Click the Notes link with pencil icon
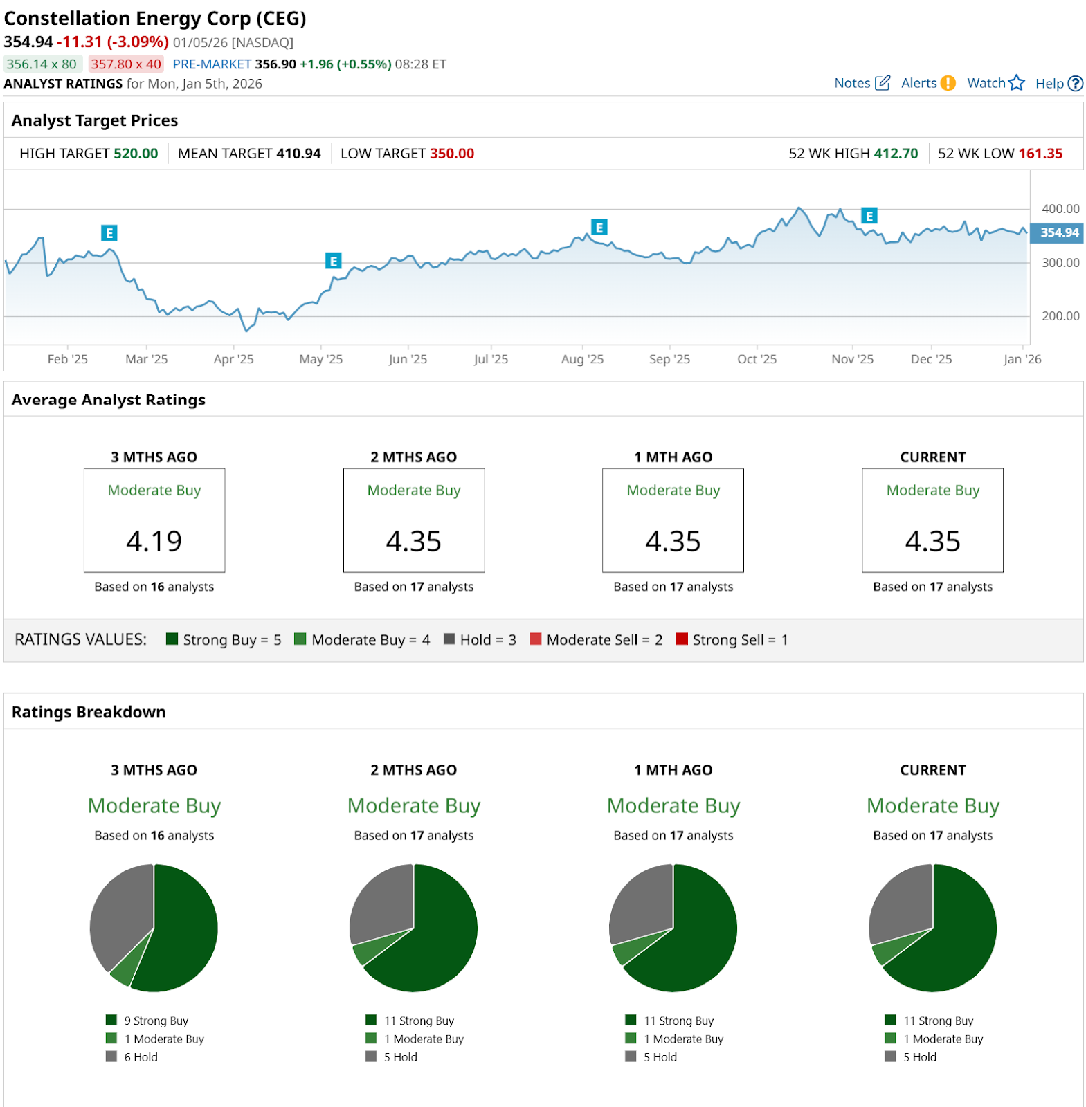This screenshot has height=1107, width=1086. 861,83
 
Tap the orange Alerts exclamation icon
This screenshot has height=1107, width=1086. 948,83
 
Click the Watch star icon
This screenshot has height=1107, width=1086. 1016,83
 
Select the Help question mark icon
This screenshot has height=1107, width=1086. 1075,83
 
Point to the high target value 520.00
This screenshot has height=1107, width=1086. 136,154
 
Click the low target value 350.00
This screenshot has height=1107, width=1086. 451,154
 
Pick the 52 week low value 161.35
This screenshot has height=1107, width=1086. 1040,154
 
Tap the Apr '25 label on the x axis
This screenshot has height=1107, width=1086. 233,359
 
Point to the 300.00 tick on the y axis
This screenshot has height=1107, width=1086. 1060,263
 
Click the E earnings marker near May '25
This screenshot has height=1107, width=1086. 334,261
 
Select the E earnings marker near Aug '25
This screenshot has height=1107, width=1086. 599,227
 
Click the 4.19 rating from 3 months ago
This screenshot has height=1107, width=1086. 154,541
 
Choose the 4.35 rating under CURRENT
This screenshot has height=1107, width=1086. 932,541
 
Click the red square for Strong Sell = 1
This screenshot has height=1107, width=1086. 682,639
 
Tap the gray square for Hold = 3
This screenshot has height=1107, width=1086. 449,639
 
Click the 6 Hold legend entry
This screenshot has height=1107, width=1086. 141,1056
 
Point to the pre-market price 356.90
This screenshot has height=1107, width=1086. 275,64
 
